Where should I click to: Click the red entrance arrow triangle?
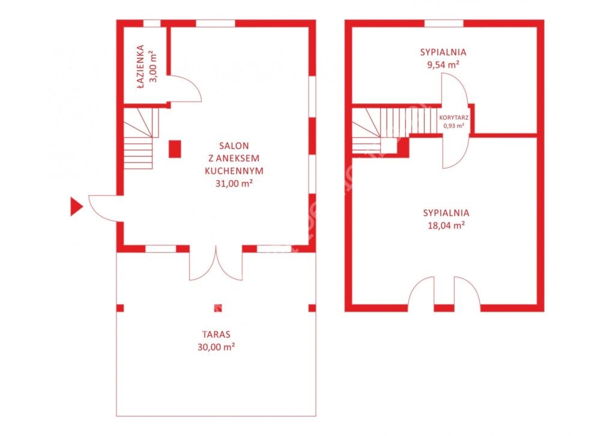(76, 207)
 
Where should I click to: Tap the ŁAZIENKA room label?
(141, 67)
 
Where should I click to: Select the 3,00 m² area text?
(153, 66)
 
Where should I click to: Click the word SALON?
(234, 146)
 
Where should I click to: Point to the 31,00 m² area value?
(234, 183)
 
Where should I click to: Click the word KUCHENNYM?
(234, 171)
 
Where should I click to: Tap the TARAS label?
(216, 334)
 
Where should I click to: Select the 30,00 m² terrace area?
(216, 347)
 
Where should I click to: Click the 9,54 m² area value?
(443, 64)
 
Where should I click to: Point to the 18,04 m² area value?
(446, 225)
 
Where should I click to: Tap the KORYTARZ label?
(454, 117)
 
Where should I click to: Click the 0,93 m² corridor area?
(454, 126)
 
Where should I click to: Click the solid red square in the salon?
(175, 149)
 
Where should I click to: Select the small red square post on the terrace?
(217, 308)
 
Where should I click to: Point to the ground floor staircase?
(141, 138)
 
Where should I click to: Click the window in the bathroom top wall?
(152, 23)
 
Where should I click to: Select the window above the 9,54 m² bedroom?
(444, 23)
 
